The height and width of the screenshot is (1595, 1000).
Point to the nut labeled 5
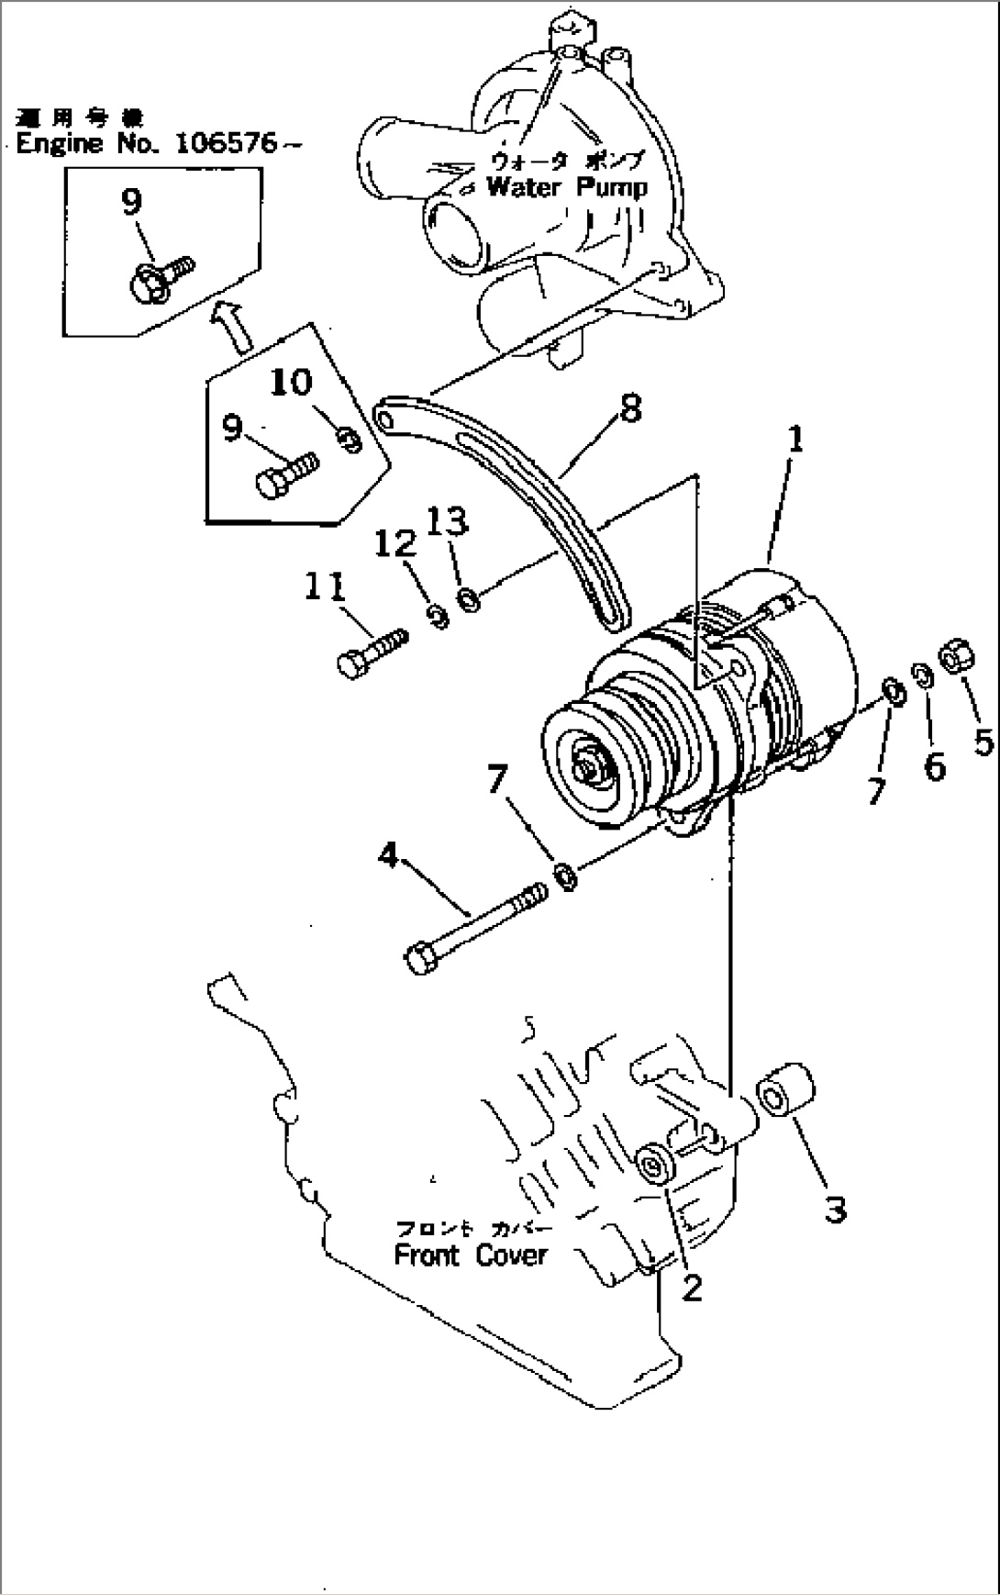(x=955, y=658)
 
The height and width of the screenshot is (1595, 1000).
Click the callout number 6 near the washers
(x=934, y=764)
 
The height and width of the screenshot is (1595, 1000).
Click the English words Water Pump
(x=565, y=187)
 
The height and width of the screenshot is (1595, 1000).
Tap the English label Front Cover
(x=470, y=1255)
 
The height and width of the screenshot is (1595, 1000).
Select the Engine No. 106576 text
(x=156, y=144)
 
